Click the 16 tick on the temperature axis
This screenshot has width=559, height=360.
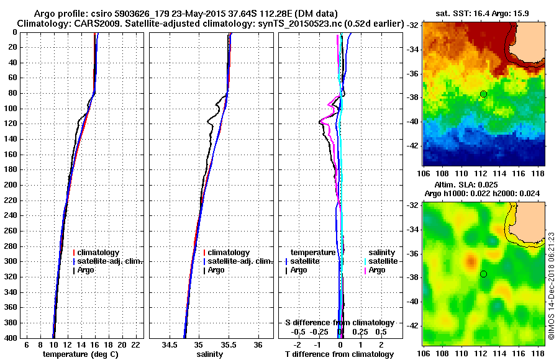[94, 344]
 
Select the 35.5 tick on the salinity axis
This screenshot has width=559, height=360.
[229, 344]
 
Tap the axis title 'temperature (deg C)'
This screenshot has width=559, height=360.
[80, 354]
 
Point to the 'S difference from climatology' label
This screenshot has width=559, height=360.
[339, 323]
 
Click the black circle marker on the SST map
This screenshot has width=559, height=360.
[483, 94]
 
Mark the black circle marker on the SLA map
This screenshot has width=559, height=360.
[483, 274]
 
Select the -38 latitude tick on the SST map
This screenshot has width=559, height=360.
[412, 97]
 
